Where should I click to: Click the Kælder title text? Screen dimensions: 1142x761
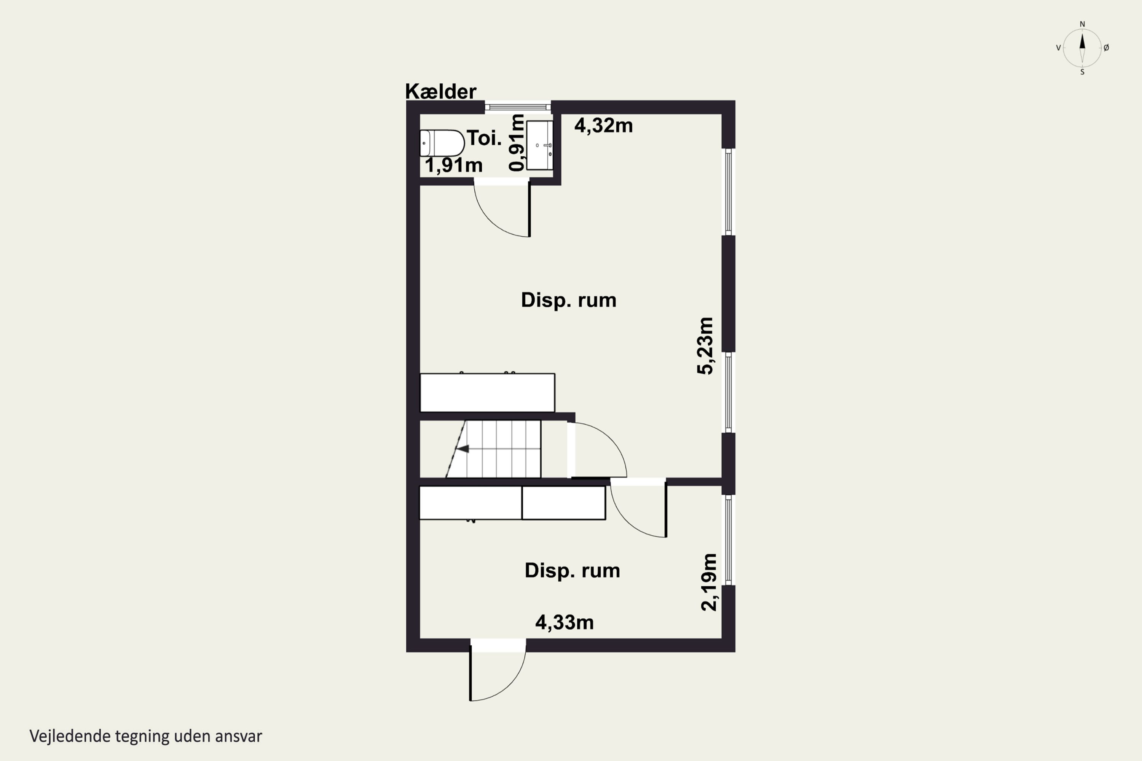click(x=440, y=91)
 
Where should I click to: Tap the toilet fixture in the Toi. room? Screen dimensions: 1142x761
click(x=442, y=143)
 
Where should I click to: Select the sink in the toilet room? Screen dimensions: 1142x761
click(x=539, y=145)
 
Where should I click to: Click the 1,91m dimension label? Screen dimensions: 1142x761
click(x=453, y=165)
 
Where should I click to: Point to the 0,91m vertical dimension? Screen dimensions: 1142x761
click(x=517, y=143)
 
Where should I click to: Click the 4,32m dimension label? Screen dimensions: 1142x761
click(x=603, y=126)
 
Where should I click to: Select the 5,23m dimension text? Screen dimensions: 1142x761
click(x=705, y=345)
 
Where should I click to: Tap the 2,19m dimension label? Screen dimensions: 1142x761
click(x=709, y=582)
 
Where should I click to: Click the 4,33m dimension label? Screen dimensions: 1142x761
click(x=564, y=622)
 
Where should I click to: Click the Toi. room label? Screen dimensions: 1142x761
click(x=484, y=139)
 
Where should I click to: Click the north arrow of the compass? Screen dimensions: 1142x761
click(x=1082, y=41)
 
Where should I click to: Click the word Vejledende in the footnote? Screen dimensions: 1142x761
click(x=70, y=736)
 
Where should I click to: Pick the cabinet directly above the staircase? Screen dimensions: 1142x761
click(x=487, y=393)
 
